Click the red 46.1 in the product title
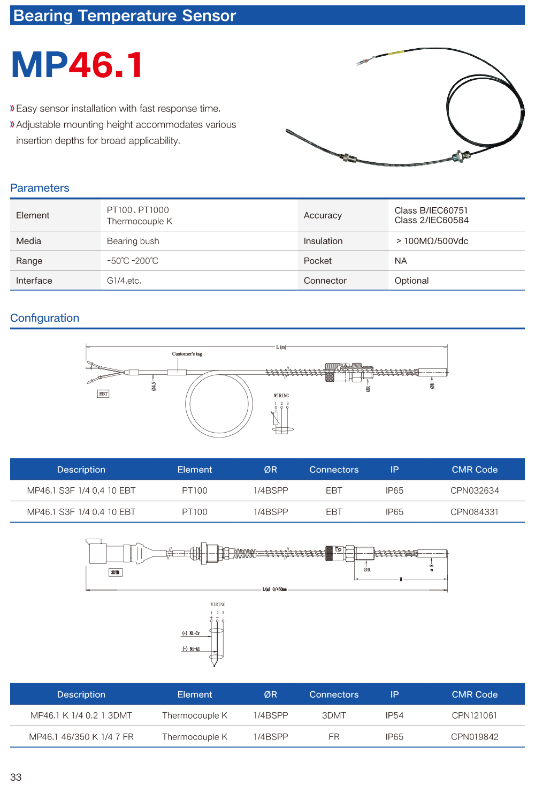[x=106, y=65]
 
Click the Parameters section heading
[x=40, y=188]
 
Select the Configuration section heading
[x=44, y=318]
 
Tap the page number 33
[x=16, y=777]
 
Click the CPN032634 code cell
[x=475, y=490]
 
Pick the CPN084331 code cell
[x=475, y=512]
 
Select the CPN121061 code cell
[x=475, y=715]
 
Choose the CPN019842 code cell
[x=475, y=737]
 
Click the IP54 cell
[x=394, y=715]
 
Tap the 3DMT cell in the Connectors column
[x=334, y=715]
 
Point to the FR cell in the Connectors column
[x=334, y=737]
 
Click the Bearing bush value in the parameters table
[x=133, y=241]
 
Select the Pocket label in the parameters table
[x=318, y=261]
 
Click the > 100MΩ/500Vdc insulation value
[x=432, y=241]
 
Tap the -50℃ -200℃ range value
[x=133, y=261]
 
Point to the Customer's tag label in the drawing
[x=187, y=354]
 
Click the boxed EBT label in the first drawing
[x=103, y=394]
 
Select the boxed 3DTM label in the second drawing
[x=115, y=572]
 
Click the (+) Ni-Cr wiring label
[x=191, y=633]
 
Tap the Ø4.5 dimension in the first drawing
[x=154, y=386]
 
